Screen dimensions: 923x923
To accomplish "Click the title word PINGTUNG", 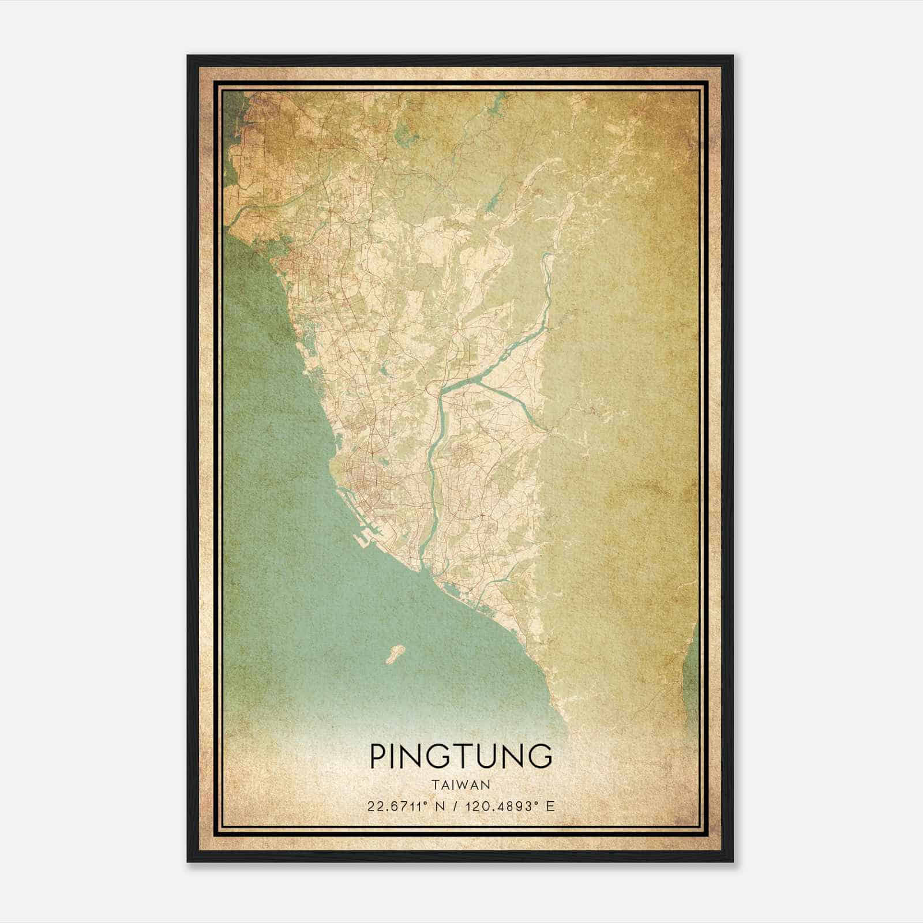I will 461,756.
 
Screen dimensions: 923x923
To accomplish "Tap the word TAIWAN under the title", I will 461,785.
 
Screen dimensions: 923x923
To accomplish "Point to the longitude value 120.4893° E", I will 508,806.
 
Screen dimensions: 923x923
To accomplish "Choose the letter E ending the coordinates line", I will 550,806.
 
